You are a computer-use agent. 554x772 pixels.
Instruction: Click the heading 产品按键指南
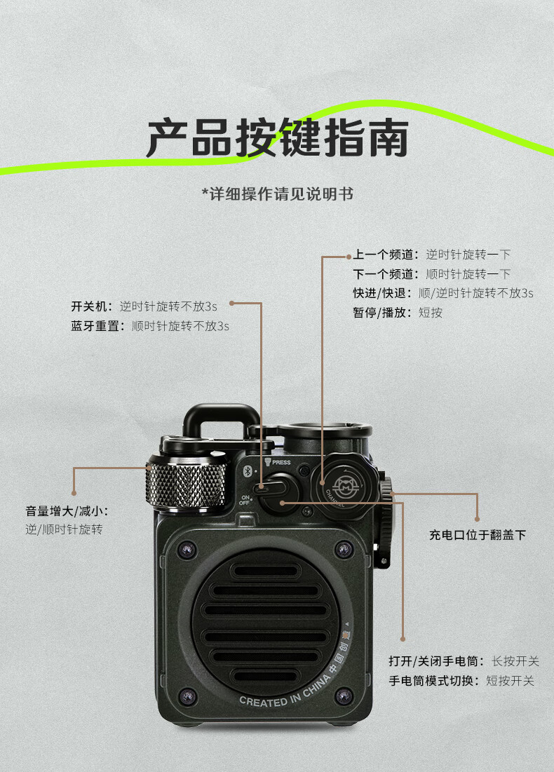[x=277, y=138]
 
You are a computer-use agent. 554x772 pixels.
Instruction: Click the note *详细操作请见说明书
[x=277, y=194]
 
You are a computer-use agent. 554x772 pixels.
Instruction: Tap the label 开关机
[x=91, y=306]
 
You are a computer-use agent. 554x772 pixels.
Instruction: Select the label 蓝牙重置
[x=97, y=326]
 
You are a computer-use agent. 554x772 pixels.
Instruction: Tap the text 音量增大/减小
[x=67, y=510]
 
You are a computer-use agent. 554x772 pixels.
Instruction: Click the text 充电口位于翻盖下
[x=478, y=535]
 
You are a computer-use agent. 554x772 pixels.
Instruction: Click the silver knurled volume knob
[x=186, y=480]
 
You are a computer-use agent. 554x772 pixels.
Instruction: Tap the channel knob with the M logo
[x=344, y=483]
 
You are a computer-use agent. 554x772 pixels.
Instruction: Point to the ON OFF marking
[x=245, y=501]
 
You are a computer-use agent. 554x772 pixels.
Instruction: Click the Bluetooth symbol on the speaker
[x=246, y=472]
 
